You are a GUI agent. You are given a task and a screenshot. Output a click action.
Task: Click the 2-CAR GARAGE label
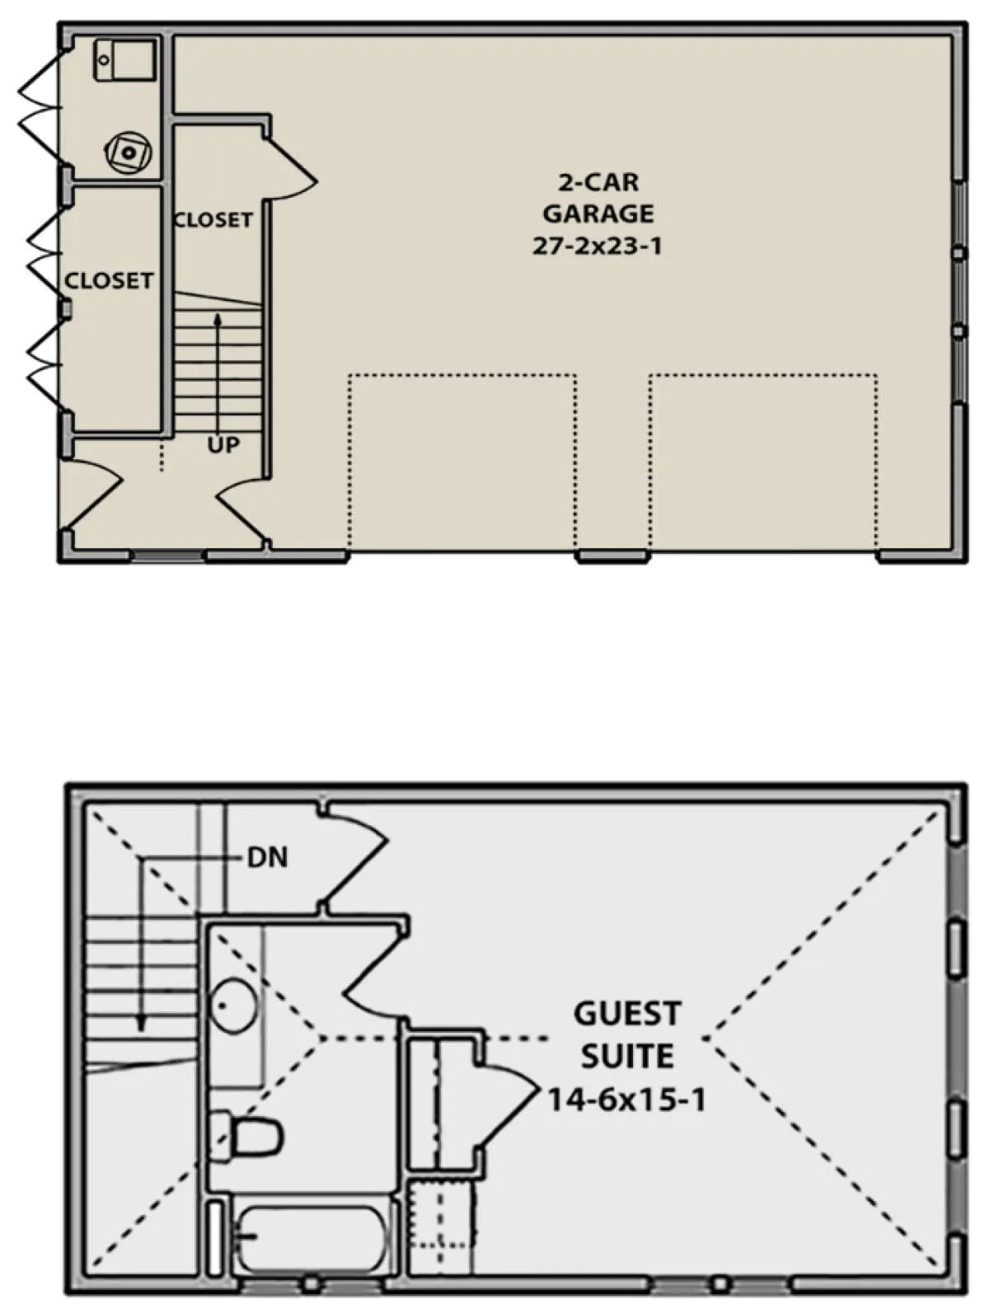[x=598, y=198]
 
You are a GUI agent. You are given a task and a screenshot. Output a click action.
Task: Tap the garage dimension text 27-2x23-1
[x=597, y=246]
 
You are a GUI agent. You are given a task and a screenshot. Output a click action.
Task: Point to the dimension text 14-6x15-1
[x=626, y=1100]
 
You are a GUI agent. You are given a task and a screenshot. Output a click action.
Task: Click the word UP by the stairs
[x=223, y=445]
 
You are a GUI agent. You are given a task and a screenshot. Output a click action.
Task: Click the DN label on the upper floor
[x=267, y=858]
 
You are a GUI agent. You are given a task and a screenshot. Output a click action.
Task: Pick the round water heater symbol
[x=128, y=152]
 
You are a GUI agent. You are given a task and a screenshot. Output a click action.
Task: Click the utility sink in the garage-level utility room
[x=124, y=59]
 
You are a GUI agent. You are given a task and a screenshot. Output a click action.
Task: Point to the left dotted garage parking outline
[x=462, y=461]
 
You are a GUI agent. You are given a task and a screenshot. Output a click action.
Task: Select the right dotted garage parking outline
[x=763, y=461]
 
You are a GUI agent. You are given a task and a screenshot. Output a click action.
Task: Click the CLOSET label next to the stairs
[x=213, y=220]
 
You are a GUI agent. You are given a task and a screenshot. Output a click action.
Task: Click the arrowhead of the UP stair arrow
[x=218, y=320]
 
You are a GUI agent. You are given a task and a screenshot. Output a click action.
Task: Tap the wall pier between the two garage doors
[x=613, y=556]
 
